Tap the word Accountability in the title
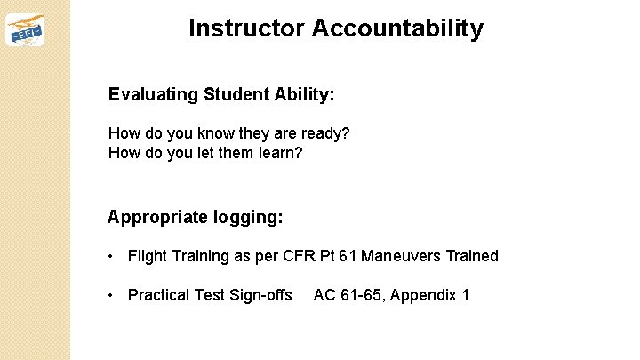pyautogui.click(x=397, y=28)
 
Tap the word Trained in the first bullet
pyautogui.click(x=472, y=256)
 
